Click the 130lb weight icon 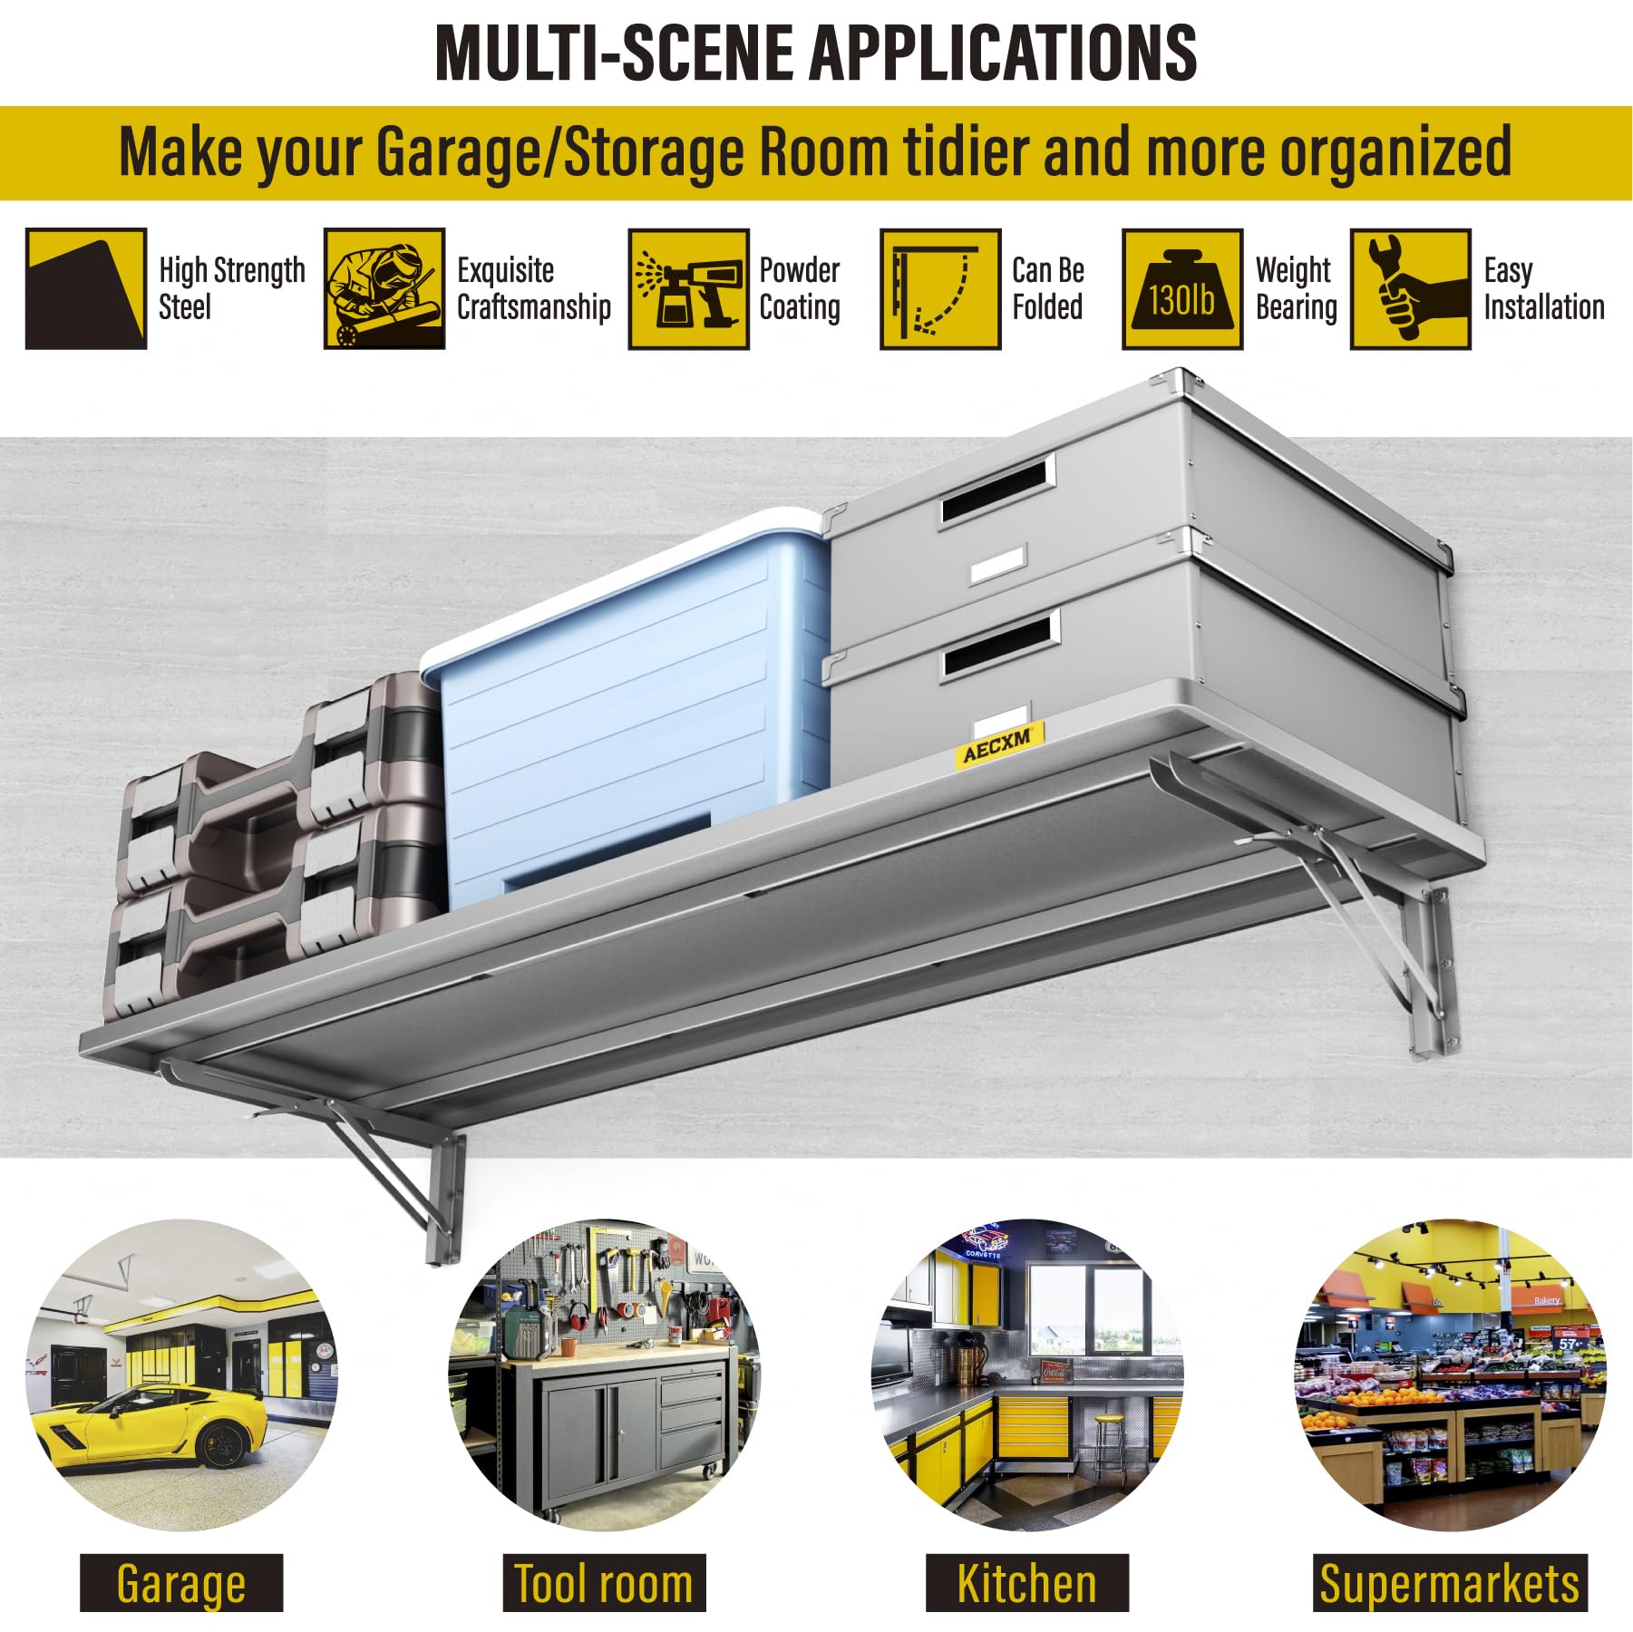(1182, 289)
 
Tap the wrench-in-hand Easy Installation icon (1411, 289)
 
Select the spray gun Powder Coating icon (689, 289)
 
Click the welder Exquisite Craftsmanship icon (384, 289)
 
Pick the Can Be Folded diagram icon (940, 289)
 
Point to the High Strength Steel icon (86, 289)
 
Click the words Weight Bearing (1297, 288)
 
